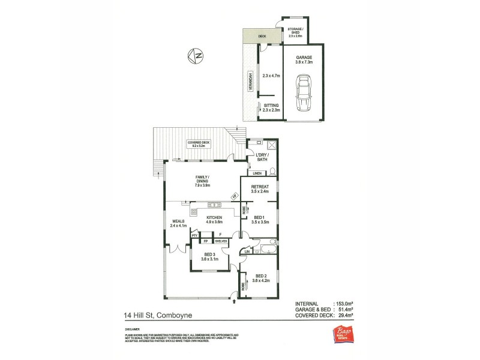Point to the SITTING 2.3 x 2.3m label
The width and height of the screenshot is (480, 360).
(x=272, y=107)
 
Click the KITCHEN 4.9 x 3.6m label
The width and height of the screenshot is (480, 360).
(x=215, y=219)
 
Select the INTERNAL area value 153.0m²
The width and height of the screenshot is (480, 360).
(x=347, y=304)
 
